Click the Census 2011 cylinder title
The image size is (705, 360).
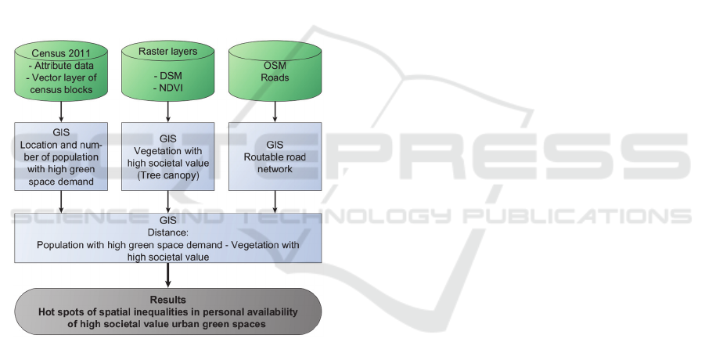(x=61, y=53)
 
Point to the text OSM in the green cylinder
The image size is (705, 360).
(x=275, y=65)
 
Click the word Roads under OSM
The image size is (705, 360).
(x=275, y=77)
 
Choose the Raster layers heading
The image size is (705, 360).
(x=167, y=51)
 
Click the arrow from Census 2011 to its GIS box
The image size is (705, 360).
(x=61, y=111)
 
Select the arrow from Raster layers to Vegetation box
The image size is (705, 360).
(x=167, y=111)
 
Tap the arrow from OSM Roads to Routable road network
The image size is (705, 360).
(x=275, y=111)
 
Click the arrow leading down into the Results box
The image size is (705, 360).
(x=167, y=275)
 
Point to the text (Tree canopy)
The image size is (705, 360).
(x=167, y=175)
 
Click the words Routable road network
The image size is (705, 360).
(x=275, y=163)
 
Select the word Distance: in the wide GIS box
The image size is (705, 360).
(x=167, y=232)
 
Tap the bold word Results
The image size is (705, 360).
(x=167, y=300)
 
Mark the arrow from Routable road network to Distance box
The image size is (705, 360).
(x=275, y=201)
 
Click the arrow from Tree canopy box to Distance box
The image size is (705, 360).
(x=167, y=201)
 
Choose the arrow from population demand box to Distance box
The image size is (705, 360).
(x=61, y=201)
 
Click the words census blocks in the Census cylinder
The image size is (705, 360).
(x=61, y=89)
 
